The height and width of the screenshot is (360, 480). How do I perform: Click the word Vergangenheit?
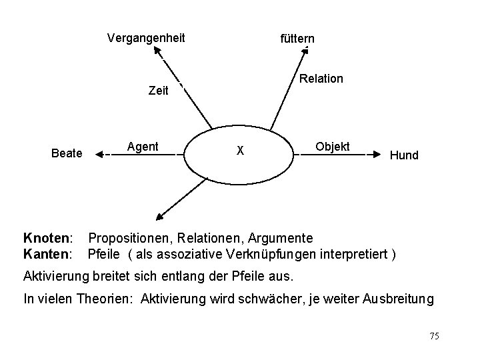point(146,38)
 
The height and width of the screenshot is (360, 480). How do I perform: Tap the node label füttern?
point(297,39)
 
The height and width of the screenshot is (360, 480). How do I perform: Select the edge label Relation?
point(321,79)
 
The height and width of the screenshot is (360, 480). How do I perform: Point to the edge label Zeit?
point(158,91)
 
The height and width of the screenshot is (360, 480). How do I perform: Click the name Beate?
point(67,154)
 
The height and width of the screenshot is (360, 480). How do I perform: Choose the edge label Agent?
point(143,147)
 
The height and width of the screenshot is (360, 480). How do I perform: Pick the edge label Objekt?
point(332,146)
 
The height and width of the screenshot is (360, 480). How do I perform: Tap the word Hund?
point(404,155)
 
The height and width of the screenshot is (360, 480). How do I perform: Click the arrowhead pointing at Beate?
point(99,154)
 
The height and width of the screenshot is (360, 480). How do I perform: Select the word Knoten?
point(47,238)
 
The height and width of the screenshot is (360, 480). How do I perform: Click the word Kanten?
point(47,253)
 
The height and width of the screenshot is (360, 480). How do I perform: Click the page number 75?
point(434,336)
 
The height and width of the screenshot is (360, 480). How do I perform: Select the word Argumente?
point(281,238)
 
